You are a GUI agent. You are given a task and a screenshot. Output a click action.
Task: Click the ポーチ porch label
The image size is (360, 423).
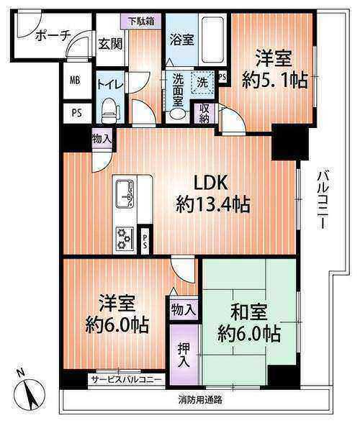point(53,35)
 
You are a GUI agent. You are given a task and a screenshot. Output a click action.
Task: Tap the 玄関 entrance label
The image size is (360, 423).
point(110,44)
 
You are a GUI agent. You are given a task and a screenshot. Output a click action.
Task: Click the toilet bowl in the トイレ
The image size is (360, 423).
point(110,111)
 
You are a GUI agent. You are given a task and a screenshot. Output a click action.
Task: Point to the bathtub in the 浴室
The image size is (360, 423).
point(212,40)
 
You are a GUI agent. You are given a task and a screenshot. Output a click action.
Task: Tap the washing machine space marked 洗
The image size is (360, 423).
point(202,82)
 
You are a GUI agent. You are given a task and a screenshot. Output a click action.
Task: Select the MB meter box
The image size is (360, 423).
point(76,81)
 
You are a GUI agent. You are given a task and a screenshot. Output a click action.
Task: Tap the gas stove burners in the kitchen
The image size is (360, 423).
point(125,238)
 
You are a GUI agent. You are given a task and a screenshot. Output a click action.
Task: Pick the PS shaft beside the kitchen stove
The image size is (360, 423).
point(145,242)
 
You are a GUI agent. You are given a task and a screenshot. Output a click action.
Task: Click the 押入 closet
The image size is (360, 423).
point(184,355)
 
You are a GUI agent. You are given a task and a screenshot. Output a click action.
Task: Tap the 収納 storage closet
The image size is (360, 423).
point(204,114)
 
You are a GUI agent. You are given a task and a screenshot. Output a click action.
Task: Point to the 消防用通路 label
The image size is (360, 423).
point(200,399)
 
